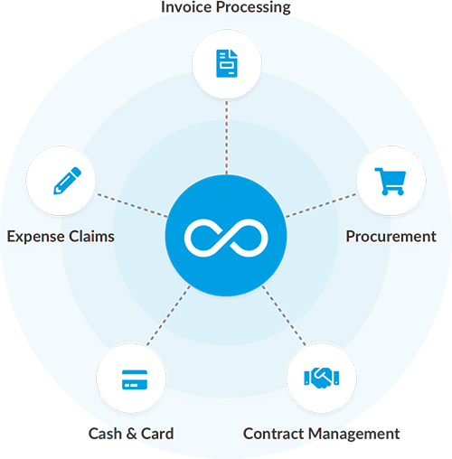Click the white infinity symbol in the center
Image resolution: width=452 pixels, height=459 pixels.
pyautogui.click(x=226, y=238)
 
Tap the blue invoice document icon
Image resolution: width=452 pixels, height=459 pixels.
pyautogui.click(x=227, y=63)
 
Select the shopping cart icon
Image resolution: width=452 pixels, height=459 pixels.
pyautogui.click(x=391, y=182)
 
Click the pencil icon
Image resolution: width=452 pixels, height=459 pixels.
pyautogui.click(x=67, y=181)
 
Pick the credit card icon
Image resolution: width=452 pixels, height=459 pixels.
pyautogui.click(x=135, y=379)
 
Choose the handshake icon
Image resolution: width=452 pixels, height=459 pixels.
pyautogui.click(x=322, y=378)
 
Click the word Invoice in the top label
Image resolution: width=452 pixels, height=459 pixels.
pyautogui.click(x=186, y=7)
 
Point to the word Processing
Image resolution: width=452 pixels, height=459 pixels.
pyautogui.click(x=253, y=8)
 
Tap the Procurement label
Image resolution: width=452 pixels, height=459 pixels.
pyautogui.click(x=391, y=237)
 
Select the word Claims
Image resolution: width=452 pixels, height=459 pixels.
pyautogui.click(x=92, y=236)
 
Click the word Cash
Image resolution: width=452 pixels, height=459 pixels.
pyautogui.click(x=105, y=434)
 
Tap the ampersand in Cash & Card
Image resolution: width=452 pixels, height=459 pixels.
pyautogui.click(x=132, y=434)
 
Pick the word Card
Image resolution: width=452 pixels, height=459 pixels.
pyautogui.click(x=157, y=434)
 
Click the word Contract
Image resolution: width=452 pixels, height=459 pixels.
pyautogui.click(x=274, y=434)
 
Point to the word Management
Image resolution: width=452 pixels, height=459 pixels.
pyautogui.click(x=354, y=435)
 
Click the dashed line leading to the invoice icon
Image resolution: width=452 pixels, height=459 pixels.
pyautogui.click(x=227, y=137)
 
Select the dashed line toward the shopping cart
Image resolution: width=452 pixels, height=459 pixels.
pyautogui.click(x=321, y=205)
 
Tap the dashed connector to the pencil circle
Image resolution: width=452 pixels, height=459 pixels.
pyautogui.click(x=132, y=205)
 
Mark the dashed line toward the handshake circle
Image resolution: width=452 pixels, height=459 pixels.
pyautogui.click(x=284, y=315)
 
